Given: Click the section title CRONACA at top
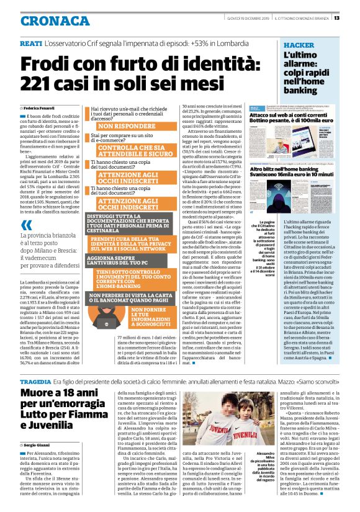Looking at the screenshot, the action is pos(55,20).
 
